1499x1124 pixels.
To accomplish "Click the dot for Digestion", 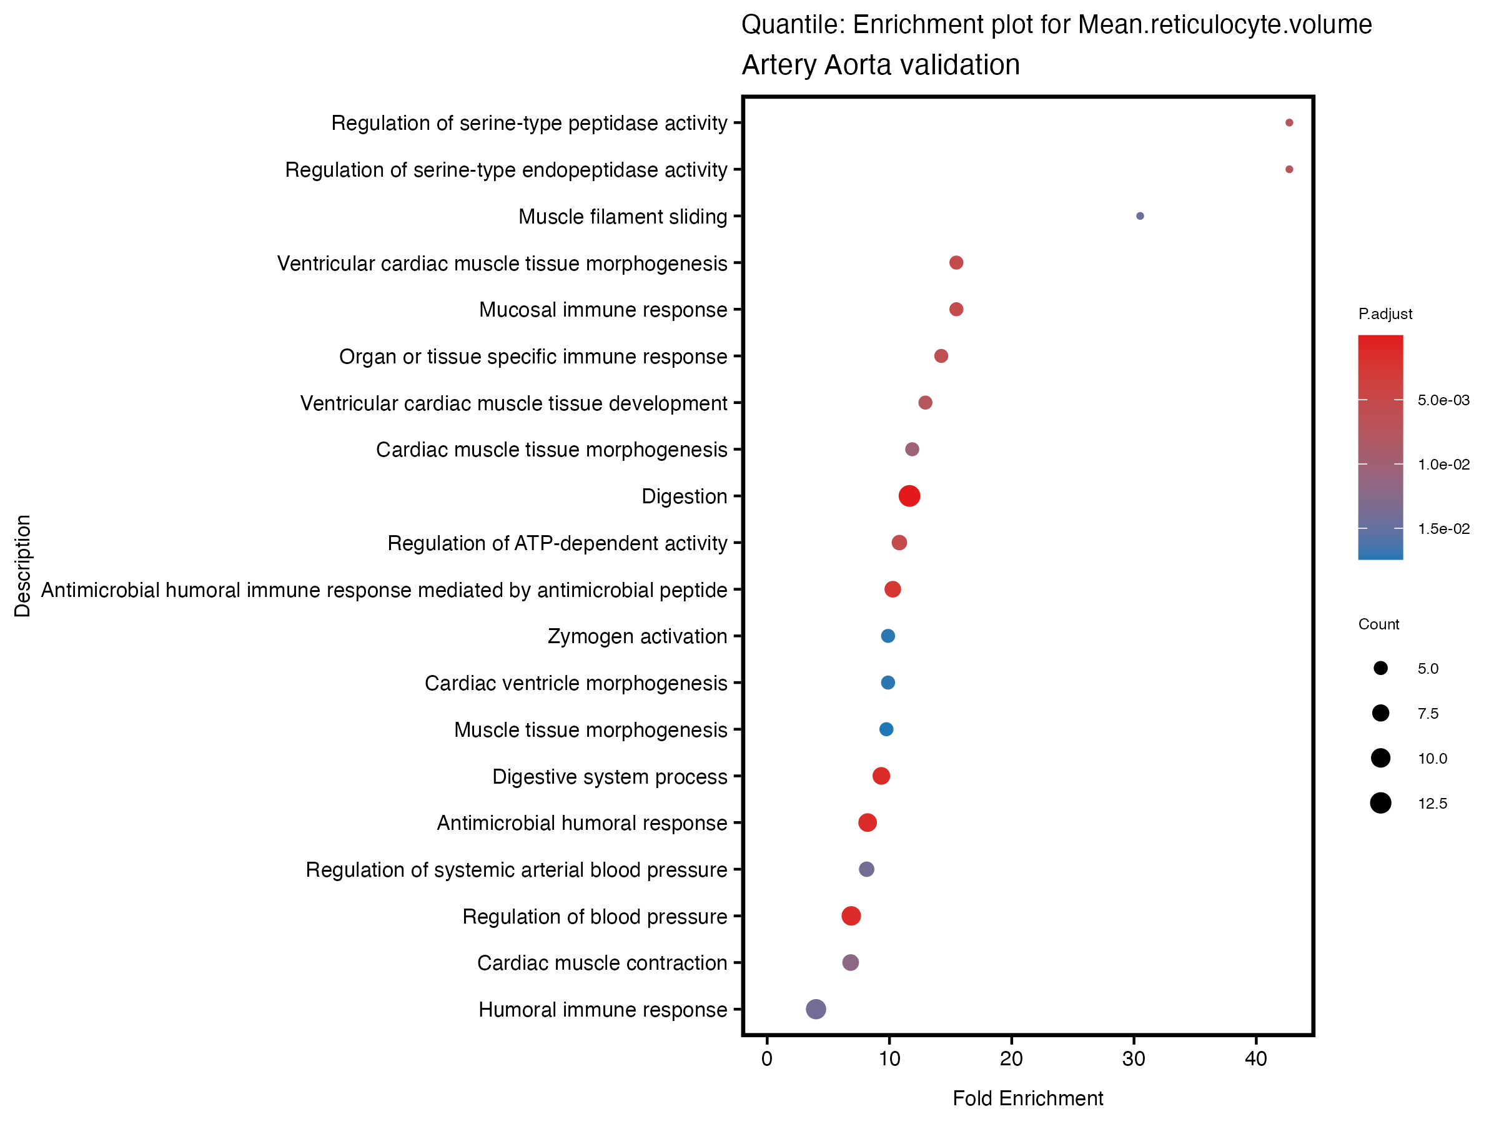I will pyautogui.click(x=909, y=496).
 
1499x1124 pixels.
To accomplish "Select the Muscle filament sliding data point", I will pyautogui.click(x=1140, y=216).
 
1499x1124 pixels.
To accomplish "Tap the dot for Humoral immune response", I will pyautogui.click(x=816, y=1009).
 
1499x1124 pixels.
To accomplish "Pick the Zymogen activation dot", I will pyautogui.click(x=888, y=636).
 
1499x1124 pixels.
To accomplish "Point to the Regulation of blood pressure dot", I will pyautogui.click(x=851, y=916).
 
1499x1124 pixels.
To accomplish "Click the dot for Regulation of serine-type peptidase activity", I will pyautogui.click(x=1289, y=122).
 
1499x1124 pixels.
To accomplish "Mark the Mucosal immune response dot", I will pyautogui.click(x=956, y=310).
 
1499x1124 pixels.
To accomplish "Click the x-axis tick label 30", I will pyautogui.click(x=1134, y=1059).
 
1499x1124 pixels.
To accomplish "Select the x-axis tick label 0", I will pyautogui.click(x=767, y=1059).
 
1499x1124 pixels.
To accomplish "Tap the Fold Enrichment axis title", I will pyautogui.click(x=1027, y=1098).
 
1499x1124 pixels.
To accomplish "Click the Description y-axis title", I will pyautogui.click(x=22, y=566).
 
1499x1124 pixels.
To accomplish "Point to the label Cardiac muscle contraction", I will pyautogui.click(x=601, y=963).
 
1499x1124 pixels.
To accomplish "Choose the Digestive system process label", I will pyautogui.click(x=609, y=776).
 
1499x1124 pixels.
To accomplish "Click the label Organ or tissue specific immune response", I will pyautogui.click(x=533, y=357).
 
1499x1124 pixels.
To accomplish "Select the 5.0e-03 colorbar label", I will pyautogui.click(x=1443, y=400).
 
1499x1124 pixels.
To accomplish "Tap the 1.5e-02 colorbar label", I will pyautogui.click(x=1443, y=529).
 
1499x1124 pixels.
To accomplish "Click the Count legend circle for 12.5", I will pyautogui.click(x=1380, y=804).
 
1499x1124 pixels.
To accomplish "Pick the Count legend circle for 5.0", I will pyautogui.click(x=1380, y=669).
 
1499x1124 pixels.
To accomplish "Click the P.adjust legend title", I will pyautogui.click(x=1385, y=313).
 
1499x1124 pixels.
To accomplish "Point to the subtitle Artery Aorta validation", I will pyautogui.click(x=880, y=65).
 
